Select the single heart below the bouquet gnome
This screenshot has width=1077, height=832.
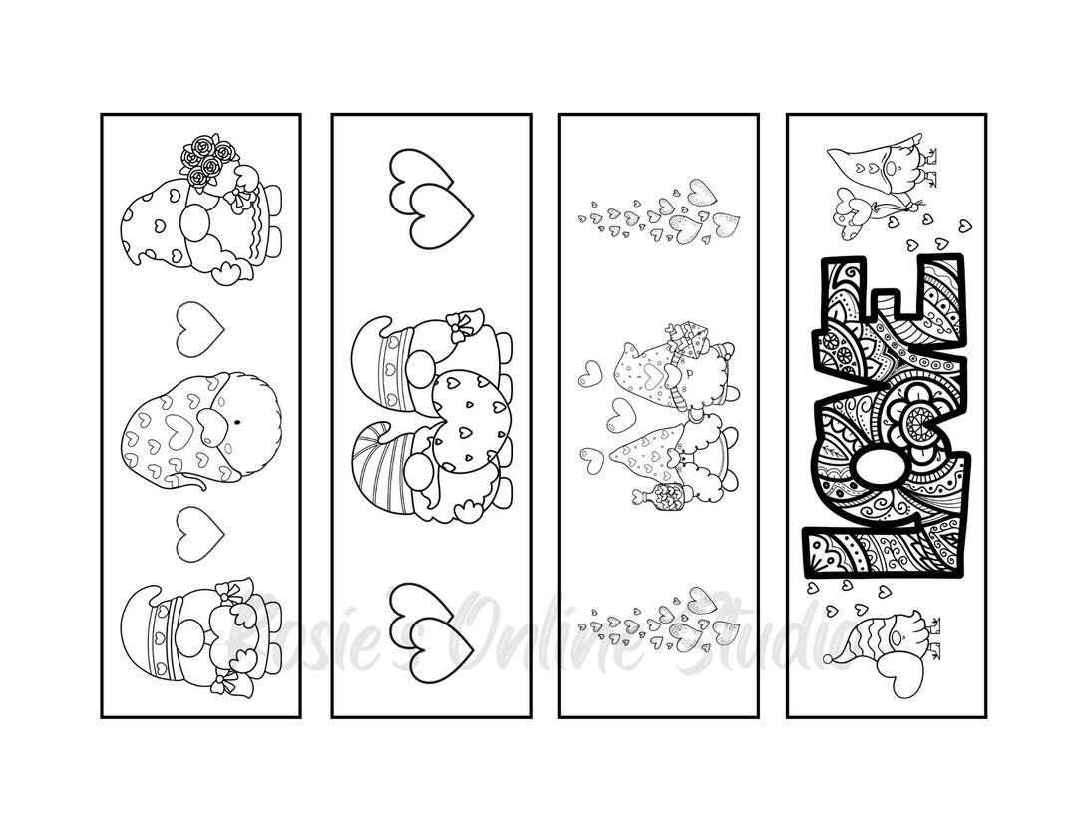tap(199, 329)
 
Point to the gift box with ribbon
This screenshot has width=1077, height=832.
tap(687, 338)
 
